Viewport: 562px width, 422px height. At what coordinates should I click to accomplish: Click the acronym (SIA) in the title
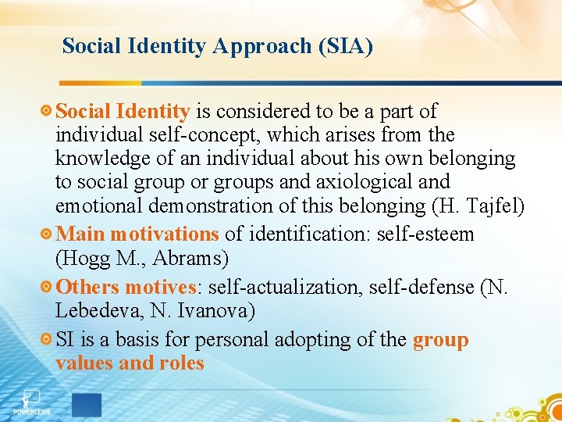pyautogui.click(x=345, y=46)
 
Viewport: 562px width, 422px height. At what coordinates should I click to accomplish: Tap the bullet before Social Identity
pyautogui.click(x=48, y=112)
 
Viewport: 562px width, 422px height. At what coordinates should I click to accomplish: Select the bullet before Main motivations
pyautogui.click(x=48, y=234)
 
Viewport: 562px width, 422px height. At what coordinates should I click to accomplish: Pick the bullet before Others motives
pyautogui.click(x=48, y=287)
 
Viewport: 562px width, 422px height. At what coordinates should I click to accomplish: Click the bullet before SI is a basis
pyautogui.click(x=48, y=340)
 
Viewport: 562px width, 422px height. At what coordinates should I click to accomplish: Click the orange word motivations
pyautogui.click(x=164, y=234)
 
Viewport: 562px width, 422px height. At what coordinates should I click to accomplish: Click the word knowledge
pyautogui.click(x=105, y=159)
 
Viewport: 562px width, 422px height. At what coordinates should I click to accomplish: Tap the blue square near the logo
pyautogui.click(x=86, y=405)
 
